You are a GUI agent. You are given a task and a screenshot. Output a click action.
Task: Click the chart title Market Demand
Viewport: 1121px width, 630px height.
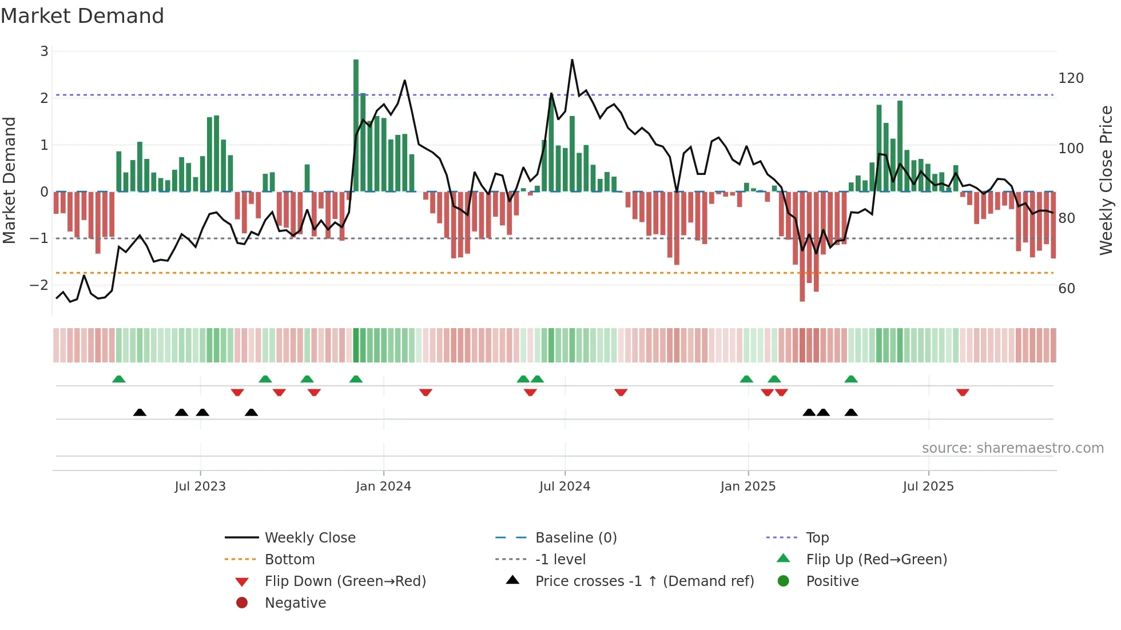(82, 16)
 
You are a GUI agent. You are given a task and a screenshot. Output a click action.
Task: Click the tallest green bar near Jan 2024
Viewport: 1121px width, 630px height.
(356, 126)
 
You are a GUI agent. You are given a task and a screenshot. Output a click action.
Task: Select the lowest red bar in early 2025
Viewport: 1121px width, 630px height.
(802, 246)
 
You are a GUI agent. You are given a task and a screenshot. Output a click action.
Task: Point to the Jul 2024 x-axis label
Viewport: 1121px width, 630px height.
(565, 487)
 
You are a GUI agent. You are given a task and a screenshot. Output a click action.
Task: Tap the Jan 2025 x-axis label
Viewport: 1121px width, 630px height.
(748, 487)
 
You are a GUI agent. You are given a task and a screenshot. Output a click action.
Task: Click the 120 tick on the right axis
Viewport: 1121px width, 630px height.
(1071, 78)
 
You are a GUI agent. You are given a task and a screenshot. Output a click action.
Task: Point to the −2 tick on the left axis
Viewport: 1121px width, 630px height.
(39, 285)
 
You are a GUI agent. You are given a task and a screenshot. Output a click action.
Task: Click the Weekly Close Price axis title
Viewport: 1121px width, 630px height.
(1106, 180)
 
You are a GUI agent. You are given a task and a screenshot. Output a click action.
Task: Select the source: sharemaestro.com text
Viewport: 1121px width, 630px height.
(1012, 448)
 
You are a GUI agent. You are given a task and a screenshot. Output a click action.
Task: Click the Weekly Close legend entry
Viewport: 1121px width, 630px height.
(309, 538)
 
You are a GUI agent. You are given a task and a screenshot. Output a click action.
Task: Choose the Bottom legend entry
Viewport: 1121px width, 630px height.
(289, 560)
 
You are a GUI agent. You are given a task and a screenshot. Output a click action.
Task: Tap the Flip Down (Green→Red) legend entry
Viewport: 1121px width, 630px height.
(345, 581)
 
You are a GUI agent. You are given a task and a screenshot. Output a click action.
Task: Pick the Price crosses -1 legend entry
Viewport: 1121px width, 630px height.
(644, 581)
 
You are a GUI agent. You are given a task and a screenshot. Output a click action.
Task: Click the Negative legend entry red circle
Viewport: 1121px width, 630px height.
(242, 603)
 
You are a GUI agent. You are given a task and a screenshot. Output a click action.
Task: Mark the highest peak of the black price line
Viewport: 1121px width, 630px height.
(572, 60)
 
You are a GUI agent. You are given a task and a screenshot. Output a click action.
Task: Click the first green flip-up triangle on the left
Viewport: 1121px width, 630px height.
(118, 379)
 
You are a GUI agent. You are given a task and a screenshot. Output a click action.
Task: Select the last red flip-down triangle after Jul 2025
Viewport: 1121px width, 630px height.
(963, 392)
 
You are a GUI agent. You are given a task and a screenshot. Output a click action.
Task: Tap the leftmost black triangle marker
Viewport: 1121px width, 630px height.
(140, 412)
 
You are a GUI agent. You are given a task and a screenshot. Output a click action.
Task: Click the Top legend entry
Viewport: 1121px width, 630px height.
(817, 538)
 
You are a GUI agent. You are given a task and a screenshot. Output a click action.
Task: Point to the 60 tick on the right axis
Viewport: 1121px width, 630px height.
(1067, 289)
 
